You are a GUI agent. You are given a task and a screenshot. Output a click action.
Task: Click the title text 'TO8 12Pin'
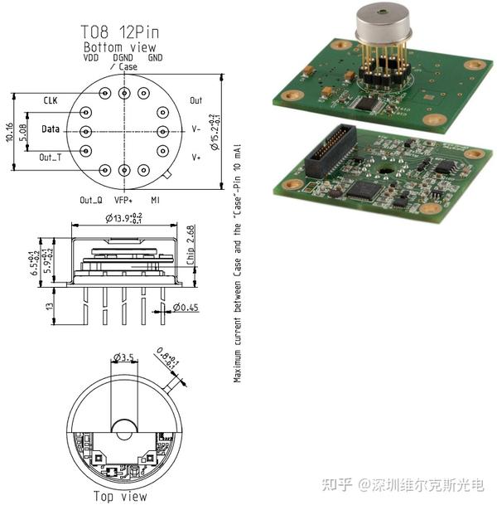[x=122, y=32]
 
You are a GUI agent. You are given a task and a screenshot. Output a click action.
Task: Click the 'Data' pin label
[x=51, y=130]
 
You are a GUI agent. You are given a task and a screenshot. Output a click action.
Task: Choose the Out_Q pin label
[x=90, y=200]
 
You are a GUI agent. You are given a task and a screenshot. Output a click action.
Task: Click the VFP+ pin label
[x=123, y=200]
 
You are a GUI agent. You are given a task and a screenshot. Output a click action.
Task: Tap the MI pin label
[x=155, y=200]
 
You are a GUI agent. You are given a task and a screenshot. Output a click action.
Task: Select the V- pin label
[x=196, y=130]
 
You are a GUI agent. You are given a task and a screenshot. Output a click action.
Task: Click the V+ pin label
[x=196, y=157]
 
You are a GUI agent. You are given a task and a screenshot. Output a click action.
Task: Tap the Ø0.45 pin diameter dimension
[x=187, y=308]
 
